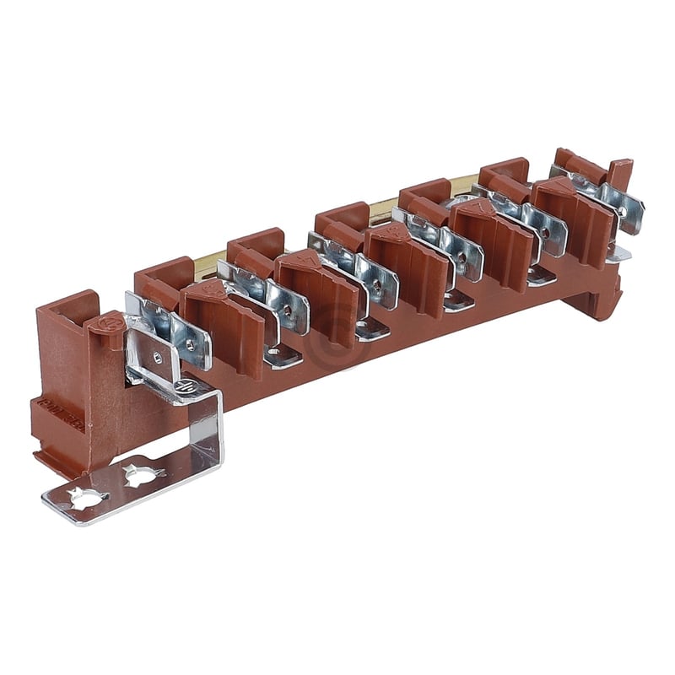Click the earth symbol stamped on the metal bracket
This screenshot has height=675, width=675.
pos(186,387)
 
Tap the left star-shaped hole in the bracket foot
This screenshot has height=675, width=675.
pos(86,497)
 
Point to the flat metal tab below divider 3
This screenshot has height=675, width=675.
pos(283,358)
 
